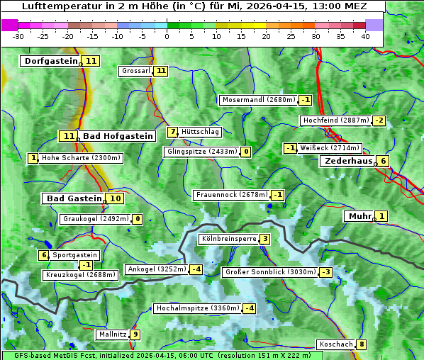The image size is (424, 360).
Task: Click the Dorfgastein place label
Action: click(x=50, y=61)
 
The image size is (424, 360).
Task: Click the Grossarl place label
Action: click(x=135, y=71)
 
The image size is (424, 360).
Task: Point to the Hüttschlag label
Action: click(x=200, y=132)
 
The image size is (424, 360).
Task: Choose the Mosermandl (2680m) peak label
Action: click(x=258, y=100)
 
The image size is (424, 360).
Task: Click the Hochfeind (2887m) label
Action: click(x=335, y=120)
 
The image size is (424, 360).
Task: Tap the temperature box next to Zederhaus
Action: click(x=383, y=161)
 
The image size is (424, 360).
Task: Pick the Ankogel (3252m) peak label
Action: click(x=156, y=269)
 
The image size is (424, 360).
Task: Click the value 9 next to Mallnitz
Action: click(x=135, y=334)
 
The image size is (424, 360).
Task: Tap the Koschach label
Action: click(x=335, y=344)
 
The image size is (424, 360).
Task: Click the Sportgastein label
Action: click(x=75, y=255)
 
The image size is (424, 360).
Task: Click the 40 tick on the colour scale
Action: click(x=365, y=36)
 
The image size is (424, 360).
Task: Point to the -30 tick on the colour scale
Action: click(x=18, y=36)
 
